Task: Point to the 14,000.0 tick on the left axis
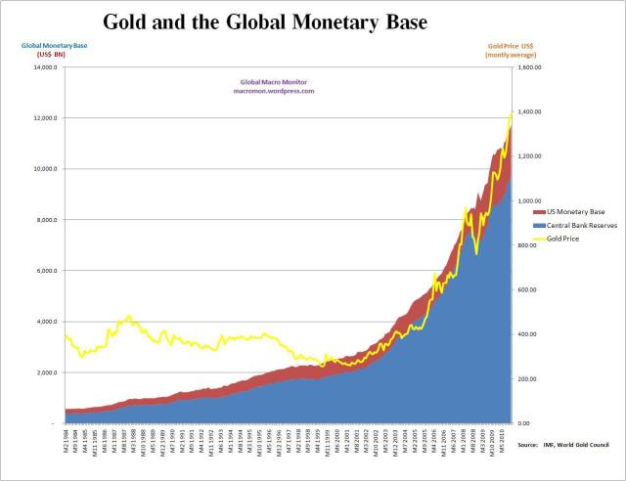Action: click(x=43, y=67)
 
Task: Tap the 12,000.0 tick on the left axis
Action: click(x=43, y=118)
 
